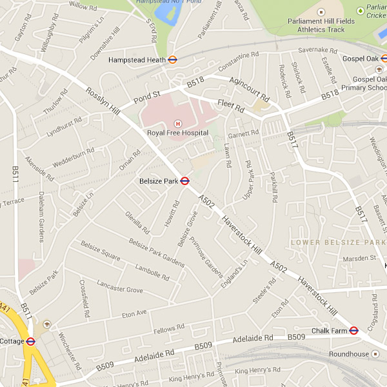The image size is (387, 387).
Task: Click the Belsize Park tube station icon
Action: point(184,181)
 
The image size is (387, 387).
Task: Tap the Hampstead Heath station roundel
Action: point(172,60)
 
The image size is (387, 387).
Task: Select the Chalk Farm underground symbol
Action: point(353,331)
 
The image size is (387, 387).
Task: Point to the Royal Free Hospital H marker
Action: point(177,123)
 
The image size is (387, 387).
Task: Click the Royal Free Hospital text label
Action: point(177,133)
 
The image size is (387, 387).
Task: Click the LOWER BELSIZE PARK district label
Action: point(337,243)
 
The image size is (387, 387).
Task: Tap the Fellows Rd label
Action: point(164,330)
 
